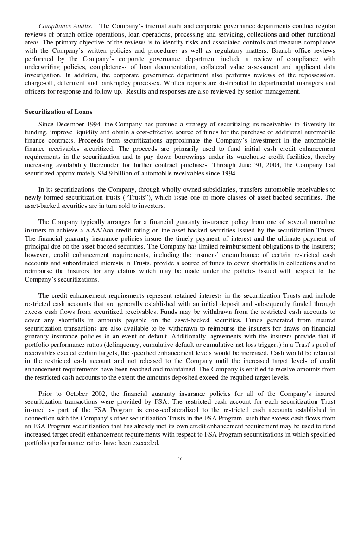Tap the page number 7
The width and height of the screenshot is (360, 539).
[180, 459]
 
